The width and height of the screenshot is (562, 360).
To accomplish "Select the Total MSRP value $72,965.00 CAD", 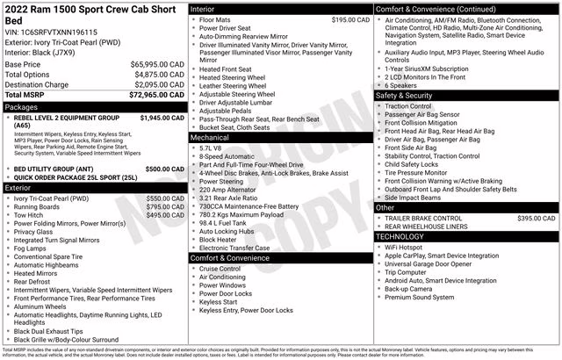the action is click(x=156, y=94).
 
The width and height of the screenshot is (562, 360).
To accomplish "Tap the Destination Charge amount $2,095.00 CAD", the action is click(x=156, y=84).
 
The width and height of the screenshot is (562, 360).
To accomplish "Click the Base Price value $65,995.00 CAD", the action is click(x=156, y=65).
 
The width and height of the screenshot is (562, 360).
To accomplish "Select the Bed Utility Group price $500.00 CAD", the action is click(x=164, y=169).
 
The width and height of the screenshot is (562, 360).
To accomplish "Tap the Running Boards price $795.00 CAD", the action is click(x=164, y=207).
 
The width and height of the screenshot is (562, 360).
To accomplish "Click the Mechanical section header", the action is click(x=210, y=138).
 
